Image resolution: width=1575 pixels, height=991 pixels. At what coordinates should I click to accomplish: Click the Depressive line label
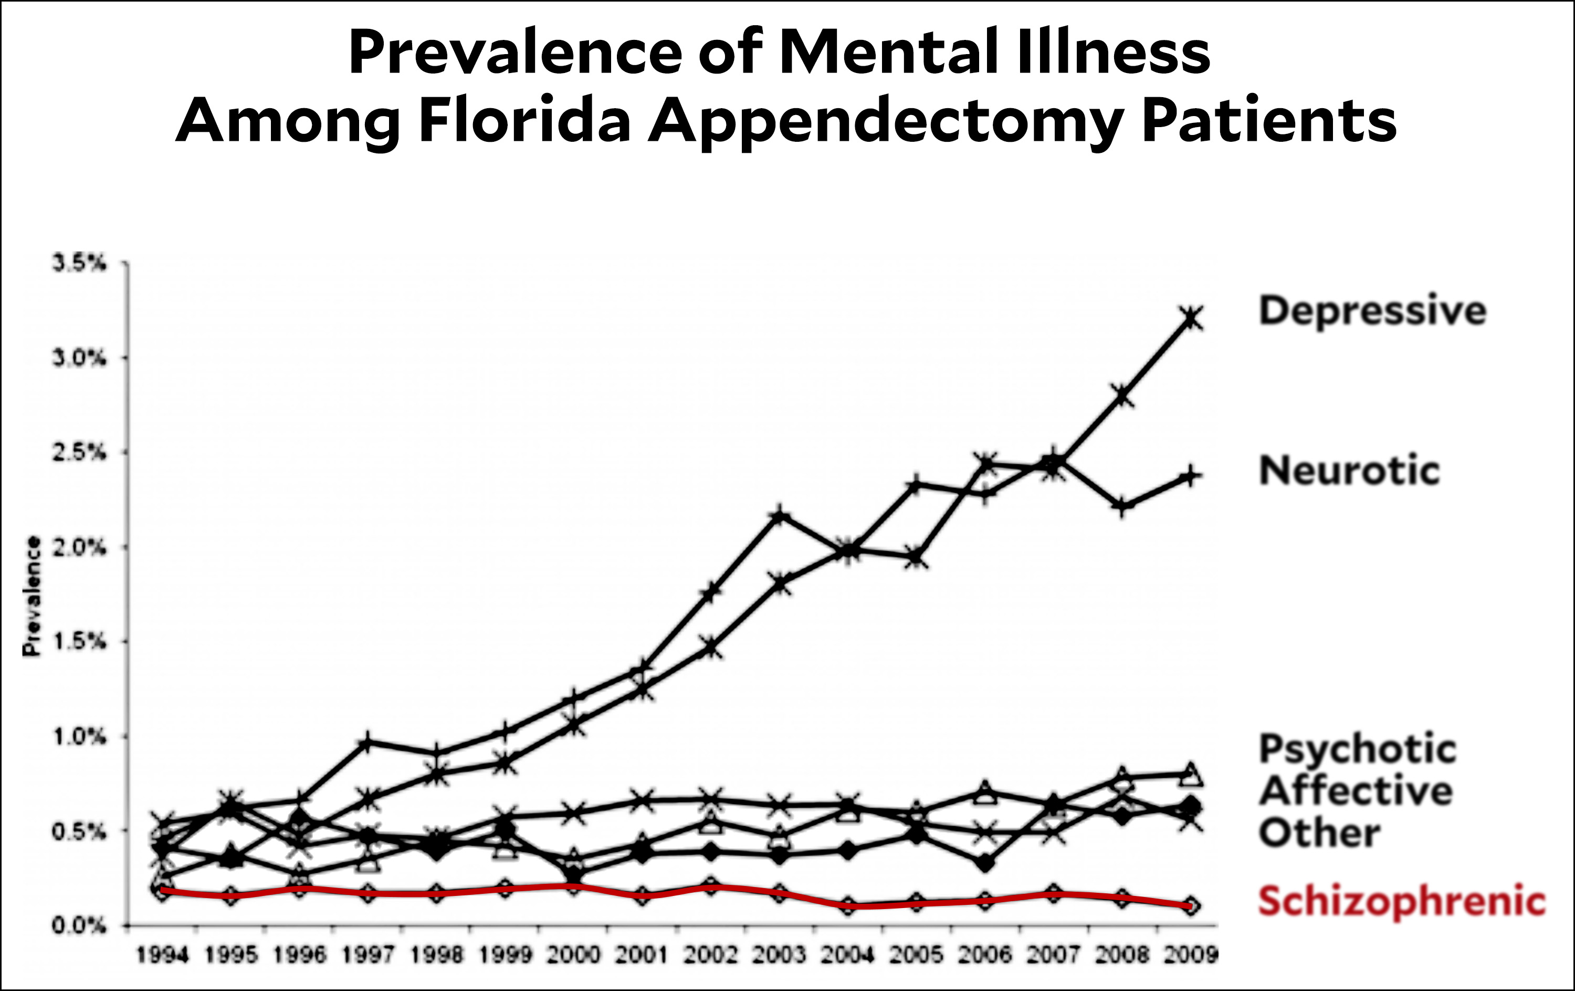(1372, 311)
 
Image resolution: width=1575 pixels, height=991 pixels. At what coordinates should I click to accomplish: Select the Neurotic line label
(1349, 471)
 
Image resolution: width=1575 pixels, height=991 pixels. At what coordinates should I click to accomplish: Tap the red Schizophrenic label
(1402, 901)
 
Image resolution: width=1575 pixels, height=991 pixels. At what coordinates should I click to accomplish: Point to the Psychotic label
(1357, 749)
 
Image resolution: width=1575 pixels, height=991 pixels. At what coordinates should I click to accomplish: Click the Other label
(1319, 833)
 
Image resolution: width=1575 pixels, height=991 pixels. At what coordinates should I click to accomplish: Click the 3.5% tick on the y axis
(79, 264)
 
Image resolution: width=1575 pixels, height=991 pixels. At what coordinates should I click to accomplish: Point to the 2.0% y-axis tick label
(79, 547)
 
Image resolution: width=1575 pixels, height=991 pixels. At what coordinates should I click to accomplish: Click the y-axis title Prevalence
(31, 596)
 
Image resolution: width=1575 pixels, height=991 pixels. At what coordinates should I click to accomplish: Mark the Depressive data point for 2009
(1191, 319)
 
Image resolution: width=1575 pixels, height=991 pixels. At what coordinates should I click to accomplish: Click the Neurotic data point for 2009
(1191, 476)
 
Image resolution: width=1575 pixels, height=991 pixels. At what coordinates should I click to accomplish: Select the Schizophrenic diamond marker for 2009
(1190, 906)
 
